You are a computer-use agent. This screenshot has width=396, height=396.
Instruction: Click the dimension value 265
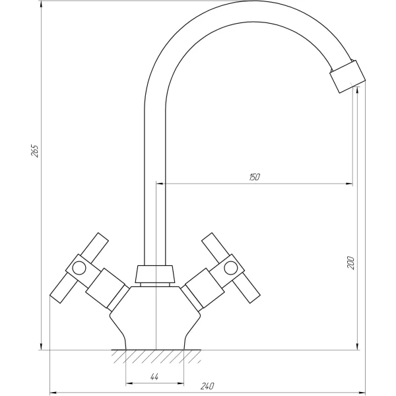36,150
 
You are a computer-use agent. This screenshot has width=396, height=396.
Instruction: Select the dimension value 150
254,176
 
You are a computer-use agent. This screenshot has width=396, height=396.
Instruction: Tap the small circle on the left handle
78,268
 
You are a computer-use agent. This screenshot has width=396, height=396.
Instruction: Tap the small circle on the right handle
231,267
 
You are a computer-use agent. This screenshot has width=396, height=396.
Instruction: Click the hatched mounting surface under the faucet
155,356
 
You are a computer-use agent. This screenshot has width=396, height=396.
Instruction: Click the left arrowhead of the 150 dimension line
159,183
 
